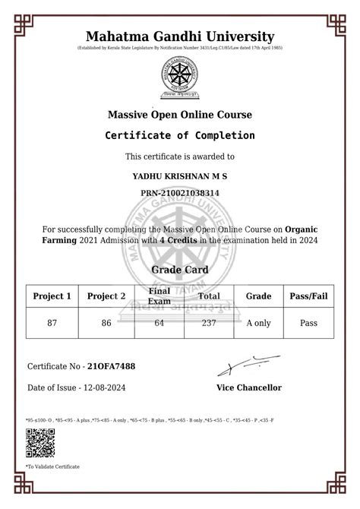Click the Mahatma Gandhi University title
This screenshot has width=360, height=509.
(x=180, y=36)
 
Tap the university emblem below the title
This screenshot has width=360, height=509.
(x=179, y=78)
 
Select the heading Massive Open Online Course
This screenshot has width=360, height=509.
(x=180, y=115)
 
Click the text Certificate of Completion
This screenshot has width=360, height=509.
(x=180, y=135)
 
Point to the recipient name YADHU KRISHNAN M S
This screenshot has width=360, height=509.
(x=180, y=176)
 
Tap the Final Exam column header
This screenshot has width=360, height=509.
(x=159, y=296)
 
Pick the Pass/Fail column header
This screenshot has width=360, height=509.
(x=308, y=296)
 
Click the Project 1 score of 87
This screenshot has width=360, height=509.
(x=52, y=322)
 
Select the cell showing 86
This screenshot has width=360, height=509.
(x=106, y=322)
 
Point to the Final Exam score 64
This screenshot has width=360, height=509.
(x=159, y=322)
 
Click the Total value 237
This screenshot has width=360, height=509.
(x=209, y=322)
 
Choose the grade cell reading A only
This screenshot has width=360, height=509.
(x=258, y=322)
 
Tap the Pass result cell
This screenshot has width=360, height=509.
(x=308, y=322)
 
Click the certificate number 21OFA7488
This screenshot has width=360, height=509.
(x=112, y=366)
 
